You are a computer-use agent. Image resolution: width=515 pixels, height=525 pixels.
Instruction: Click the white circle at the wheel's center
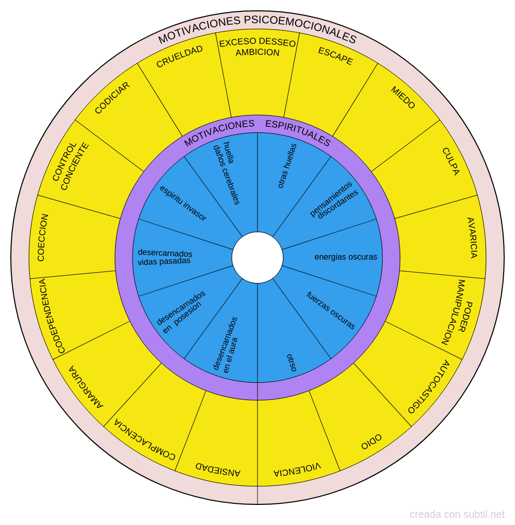[257, 258]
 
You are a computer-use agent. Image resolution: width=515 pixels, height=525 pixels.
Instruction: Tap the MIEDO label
[403, 97]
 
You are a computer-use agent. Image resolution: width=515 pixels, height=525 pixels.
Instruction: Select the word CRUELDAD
[179, 56]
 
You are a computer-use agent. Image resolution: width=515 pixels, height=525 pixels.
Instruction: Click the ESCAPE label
[335, 56]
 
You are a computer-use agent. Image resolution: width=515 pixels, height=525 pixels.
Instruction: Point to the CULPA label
[451, 161]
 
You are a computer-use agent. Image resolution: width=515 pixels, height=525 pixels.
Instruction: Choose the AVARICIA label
[472, 238]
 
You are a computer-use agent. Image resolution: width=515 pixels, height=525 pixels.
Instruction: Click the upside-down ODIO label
[371, 442]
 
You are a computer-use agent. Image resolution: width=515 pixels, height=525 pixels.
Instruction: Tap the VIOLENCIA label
[297, 469]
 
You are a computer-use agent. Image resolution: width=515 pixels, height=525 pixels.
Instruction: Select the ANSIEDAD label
[218, 469]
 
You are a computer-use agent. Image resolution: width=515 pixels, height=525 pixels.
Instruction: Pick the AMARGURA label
[86, 387]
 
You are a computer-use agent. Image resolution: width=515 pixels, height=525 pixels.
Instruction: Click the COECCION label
[43, 238]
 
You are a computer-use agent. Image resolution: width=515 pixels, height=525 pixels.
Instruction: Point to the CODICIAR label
[112, 98]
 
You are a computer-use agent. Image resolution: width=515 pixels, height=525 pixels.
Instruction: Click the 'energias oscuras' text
[346, 257]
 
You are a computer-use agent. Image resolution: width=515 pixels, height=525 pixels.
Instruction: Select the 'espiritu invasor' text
[183, 203]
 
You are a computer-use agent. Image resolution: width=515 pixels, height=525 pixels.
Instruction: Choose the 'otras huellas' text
[287, 166]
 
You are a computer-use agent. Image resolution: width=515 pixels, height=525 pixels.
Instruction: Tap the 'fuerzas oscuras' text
[331, 310]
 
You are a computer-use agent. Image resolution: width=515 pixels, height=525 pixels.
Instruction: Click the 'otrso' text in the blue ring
[291, 363]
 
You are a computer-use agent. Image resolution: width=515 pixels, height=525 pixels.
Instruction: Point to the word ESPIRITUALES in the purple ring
[298, 133]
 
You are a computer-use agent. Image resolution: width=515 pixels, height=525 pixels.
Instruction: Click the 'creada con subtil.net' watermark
[457, 514]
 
